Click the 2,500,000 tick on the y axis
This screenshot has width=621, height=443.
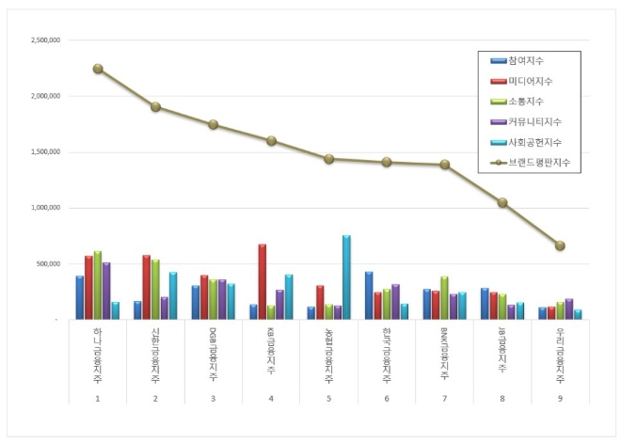click(x=46, y=40)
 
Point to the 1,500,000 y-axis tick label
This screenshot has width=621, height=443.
click(x=46, y=151)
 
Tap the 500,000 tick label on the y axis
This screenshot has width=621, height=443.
click(x=49, y=263)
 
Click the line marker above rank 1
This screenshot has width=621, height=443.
click(x=98, y=69)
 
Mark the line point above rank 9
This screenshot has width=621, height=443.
click(x=560, y=245)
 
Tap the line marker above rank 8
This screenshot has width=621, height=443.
click(x=502, y=202)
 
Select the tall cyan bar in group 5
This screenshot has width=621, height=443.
click(x=346, y=277)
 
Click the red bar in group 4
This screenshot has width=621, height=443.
click(x=263, y=282)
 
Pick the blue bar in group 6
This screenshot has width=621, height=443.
click(x=369, y=295)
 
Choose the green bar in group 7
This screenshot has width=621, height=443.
click(x=444, y=298)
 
